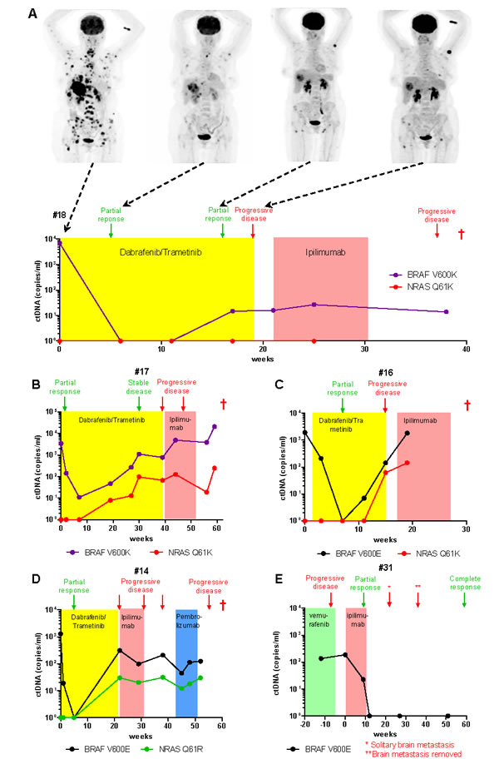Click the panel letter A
pos(32,13)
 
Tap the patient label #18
pos(59,216)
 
